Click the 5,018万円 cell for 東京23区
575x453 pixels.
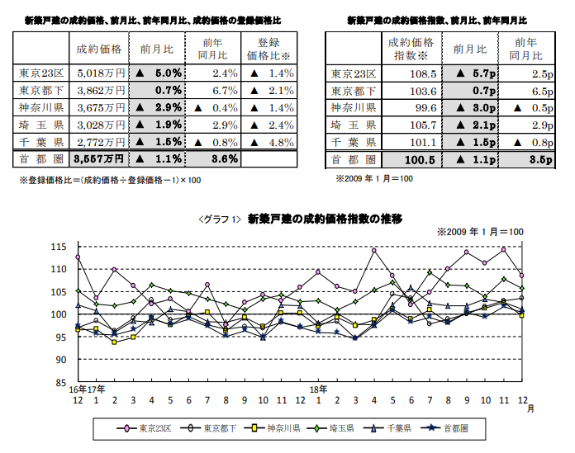100,73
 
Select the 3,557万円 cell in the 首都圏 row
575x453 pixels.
100,158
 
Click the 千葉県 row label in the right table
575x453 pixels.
354,142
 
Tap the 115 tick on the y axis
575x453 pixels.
58,247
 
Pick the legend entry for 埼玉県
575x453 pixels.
338,428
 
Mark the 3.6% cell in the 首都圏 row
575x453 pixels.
224,158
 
